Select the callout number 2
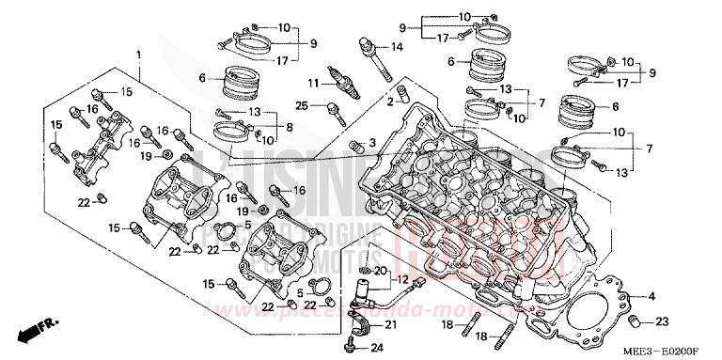[389, 100]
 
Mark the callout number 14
[398, 46]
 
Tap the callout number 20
[380, 271]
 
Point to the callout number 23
[662, 321]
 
